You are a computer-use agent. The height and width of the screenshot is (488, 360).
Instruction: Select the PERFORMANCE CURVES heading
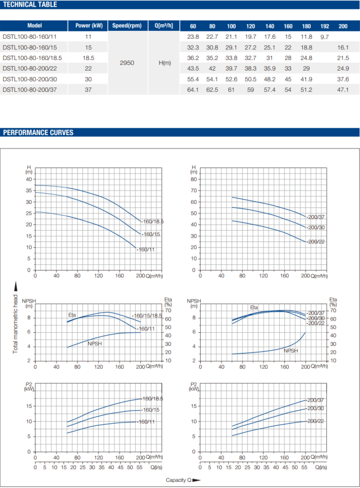[38, 133]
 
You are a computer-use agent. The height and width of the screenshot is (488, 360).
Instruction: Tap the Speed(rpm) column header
[127, 26]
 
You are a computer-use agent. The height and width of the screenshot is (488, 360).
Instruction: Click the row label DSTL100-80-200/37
[29, 90]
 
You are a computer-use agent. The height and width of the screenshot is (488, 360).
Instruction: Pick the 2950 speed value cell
[127, 63]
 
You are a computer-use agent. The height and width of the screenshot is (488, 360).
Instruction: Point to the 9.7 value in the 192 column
[324, 36]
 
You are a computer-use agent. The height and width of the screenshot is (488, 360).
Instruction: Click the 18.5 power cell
[88, 58]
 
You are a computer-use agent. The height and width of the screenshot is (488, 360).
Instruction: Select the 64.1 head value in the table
[193, 90]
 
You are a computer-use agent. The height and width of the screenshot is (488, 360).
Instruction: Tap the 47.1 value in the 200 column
[343, 90]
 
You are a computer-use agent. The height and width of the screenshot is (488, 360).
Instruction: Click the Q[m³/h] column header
[164, 26]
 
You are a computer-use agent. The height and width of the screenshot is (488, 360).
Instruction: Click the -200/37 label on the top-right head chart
[316, 216]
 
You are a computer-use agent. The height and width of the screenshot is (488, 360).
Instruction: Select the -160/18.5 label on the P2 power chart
[153, 398]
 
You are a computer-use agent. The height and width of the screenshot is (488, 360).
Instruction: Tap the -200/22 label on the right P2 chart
[316, 421]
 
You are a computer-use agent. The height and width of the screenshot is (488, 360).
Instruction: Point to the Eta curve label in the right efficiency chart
[254, 308]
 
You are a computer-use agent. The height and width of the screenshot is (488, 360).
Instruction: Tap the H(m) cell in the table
[164, 63]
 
